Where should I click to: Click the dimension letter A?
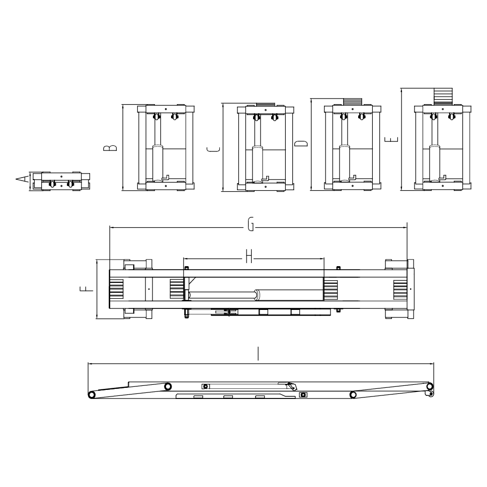[x=21, y=180]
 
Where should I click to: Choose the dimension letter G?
[x=251, y=227]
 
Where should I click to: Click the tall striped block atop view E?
[x=443, y=97]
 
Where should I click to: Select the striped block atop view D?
[x=352, y=101]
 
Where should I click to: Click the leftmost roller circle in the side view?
[x=92, y=395]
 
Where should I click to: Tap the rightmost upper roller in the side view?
[x=429, y=386]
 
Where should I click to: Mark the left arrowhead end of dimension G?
[x=110, y=227]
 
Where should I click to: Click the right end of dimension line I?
[x=433, y=363]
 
